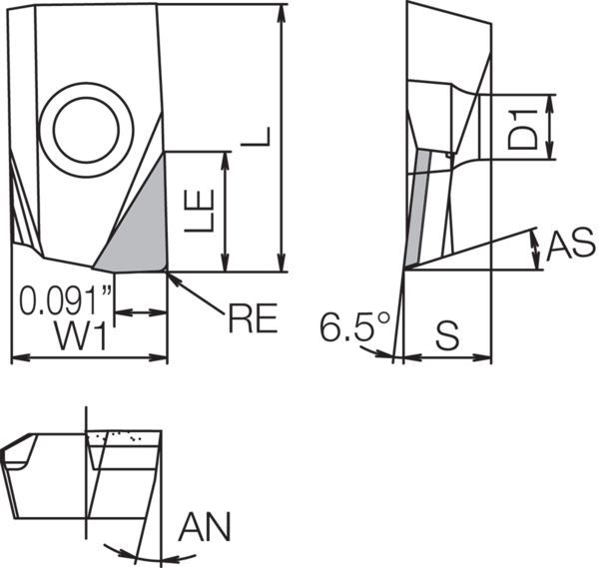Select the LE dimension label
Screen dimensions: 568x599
(203, 213)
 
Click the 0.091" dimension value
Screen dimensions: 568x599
(65, 299)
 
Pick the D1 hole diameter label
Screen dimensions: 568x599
(531, 125)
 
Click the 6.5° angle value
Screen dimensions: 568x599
(350, 326)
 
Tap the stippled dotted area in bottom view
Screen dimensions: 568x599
(125, 436)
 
